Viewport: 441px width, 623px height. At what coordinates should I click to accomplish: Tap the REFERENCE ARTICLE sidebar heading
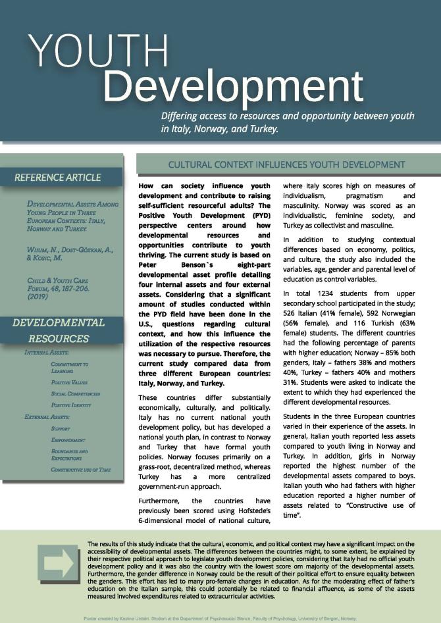coord(58,177)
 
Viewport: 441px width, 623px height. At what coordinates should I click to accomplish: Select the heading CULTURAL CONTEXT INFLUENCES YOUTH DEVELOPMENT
coord(286,164)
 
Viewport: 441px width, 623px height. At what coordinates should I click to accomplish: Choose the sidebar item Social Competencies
coord(76,393)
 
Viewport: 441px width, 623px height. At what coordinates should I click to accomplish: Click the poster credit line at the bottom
coord(220,618)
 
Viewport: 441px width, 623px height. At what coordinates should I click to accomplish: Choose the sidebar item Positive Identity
coord(72,405)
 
